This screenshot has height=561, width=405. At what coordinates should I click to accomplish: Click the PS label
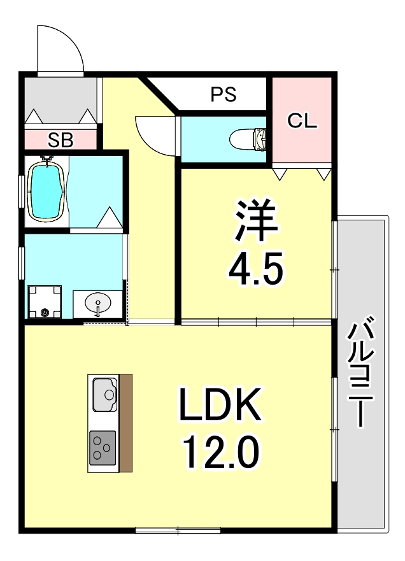[x=224, y=94]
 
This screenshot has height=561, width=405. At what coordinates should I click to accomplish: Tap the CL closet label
[x=301, y=120]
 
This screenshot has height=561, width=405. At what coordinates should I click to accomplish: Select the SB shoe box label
[x=61, y=140]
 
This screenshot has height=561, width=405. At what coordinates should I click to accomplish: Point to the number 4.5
[x=256, y=271]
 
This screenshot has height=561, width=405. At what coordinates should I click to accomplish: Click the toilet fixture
[x=251, y=137]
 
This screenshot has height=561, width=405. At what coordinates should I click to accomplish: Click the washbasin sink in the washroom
[x=97, y=303]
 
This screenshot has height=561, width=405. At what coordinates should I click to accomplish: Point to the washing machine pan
[x=45, y=302]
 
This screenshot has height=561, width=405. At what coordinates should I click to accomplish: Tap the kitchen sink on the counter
[x=104, y=395]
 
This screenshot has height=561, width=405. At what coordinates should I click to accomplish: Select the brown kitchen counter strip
[x=125, y=423]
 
